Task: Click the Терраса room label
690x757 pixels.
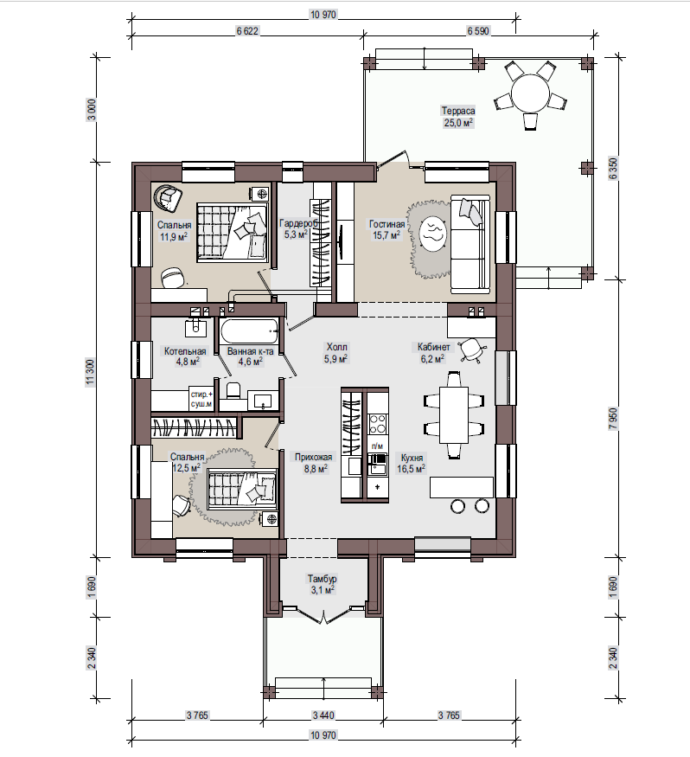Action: [x=458, y=111]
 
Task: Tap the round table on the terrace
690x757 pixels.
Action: [x=530, y=93]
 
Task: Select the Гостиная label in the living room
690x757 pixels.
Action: [x=387, y=224]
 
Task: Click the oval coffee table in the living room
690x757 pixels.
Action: [x=431, y=234]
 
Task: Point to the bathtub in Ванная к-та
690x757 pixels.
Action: [x=250, y=332]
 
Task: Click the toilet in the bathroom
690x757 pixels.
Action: [x=233, y=390]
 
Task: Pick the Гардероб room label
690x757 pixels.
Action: [x=298, y=223]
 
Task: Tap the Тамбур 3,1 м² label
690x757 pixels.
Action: [x=322, y=584]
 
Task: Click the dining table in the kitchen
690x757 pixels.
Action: [x=454, y=414]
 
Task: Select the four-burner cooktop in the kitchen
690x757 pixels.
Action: [x=377, y=423]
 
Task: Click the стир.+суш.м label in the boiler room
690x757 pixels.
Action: [x=201, y=399]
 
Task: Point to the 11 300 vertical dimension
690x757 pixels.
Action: [x=91, y=373]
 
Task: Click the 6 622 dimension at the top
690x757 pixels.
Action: [x=247, y=31]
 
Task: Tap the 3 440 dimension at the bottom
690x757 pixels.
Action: [x=323, y=715]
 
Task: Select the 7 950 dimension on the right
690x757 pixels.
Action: [x=613, y=419]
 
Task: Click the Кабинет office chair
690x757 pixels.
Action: [x=471, y=349]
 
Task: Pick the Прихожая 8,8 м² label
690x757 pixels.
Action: [x=314, y=463]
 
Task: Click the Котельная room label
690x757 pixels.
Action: [x=185, y=351]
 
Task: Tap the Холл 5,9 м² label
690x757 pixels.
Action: [x=336, y=352]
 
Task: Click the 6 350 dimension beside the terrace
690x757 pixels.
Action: [x=613, y=169]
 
